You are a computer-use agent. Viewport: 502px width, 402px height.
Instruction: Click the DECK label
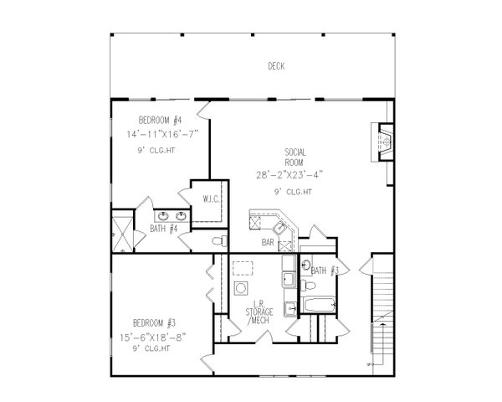(275, 66)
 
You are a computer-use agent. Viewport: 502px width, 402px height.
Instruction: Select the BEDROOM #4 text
(160, 119)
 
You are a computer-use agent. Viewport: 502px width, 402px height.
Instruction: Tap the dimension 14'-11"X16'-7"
(160, 133)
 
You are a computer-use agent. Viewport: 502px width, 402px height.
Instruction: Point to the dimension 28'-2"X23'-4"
(289, 175)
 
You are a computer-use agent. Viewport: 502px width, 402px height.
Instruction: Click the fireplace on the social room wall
(386, 142)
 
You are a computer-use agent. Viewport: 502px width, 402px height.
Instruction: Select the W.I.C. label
(210, 198)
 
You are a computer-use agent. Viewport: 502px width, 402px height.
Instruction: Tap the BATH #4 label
(163, 228)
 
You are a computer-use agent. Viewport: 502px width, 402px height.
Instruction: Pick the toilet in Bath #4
(218, 241)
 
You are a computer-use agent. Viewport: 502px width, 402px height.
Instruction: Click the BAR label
(269, 243)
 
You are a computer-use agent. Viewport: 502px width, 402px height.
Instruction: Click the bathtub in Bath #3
(319, 305)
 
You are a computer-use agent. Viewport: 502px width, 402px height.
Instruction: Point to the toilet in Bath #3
(307, 266)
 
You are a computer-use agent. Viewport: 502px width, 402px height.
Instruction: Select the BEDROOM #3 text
(154, 322)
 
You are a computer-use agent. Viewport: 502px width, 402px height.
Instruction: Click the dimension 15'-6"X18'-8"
(154, 337)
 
